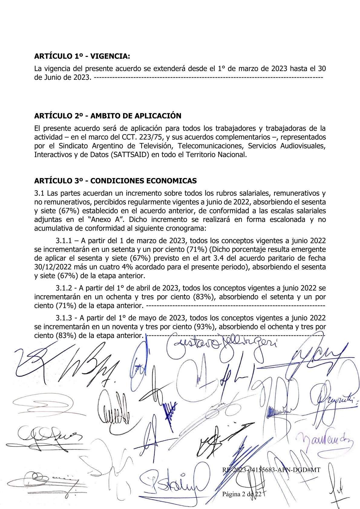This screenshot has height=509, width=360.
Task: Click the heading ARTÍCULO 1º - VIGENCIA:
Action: coord(82,56)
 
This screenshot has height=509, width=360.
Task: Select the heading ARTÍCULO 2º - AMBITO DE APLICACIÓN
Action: coord(108,116)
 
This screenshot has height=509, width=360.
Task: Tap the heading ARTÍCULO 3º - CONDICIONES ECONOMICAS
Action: coord(115,181)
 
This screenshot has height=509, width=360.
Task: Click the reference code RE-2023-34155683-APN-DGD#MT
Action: coord(271,470)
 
